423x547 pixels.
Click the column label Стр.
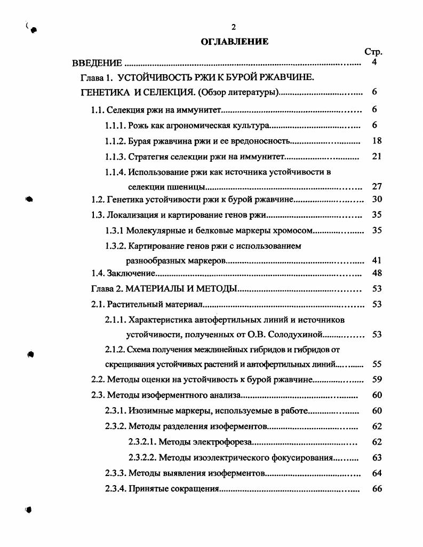(x=373, y=52)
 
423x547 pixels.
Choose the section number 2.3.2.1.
(x=142, y=442)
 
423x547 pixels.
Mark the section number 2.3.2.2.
(x=142, y=457)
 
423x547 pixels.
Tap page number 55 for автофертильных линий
(x=377, y=364)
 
